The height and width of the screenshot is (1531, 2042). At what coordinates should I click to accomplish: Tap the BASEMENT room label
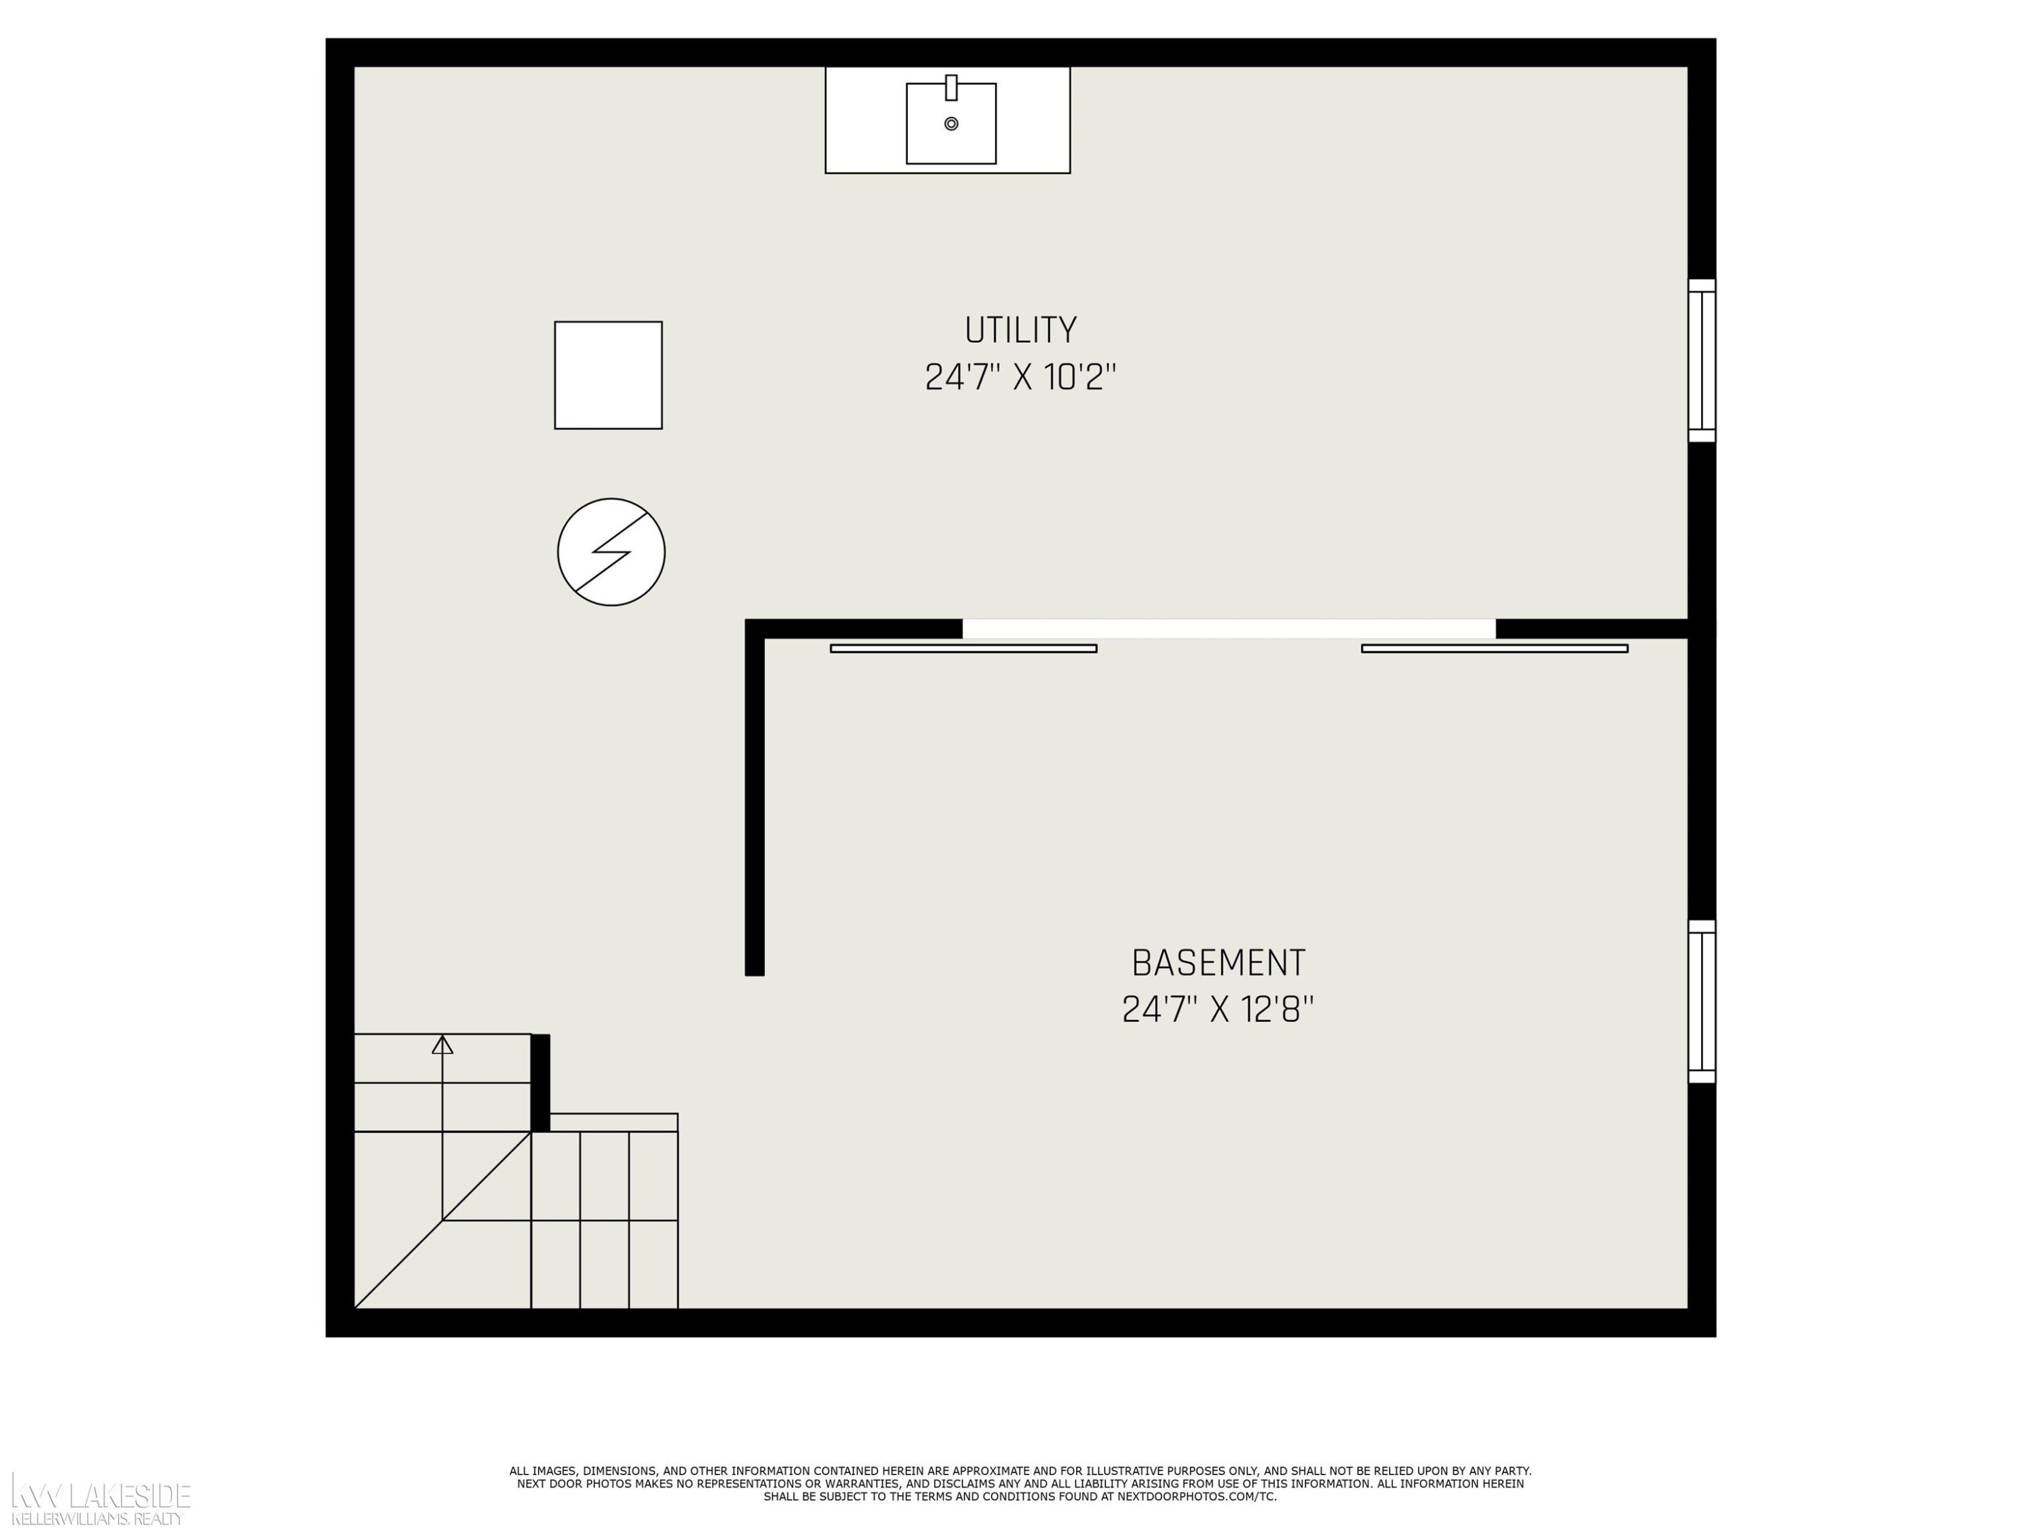[1218, 964]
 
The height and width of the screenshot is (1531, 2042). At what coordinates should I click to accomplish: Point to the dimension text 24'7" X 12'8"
[1218, 1010]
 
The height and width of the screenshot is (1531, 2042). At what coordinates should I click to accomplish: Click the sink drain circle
[951, 124]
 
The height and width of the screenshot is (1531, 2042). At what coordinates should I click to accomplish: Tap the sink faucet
[951, 88]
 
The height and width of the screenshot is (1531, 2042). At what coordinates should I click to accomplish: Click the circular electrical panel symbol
[611, 552]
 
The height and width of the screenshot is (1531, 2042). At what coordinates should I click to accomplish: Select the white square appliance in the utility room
[609, 375]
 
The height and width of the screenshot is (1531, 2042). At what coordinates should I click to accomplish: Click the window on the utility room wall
[1702, 361]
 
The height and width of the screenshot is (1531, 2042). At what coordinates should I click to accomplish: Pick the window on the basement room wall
[1702, 1002]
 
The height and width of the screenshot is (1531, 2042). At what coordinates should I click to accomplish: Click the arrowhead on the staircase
[442, 1044]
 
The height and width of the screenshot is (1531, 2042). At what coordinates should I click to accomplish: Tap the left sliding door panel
[964, 648]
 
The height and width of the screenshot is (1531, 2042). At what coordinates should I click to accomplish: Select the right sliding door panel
[1495, 648]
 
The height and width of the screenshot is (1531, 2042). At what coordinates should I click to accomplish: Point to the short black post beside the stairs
[540, 1083]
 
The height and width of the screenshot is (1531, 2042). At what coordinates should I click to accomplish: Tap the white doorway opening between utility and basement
[1229, 629]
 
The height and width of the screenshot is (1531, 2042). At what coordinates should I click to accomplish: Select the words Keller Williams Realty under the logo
[97, 1519]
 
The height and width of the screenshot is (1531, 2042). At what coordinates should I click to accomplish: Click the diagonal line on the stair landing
[442, 1220]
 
